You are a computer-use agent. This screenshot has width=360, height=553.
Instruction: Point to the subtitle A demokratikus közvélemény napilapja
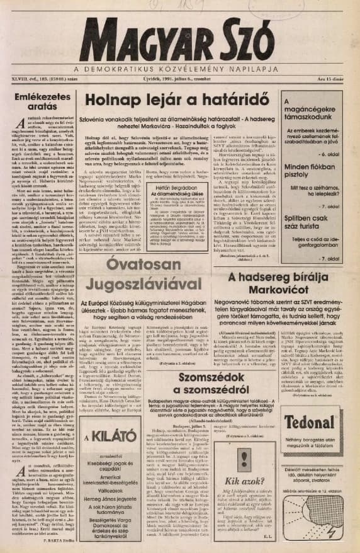point(179,69)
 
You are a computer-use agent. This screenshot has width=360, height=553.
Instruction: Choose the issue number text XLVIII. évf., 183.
point(35,78)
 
